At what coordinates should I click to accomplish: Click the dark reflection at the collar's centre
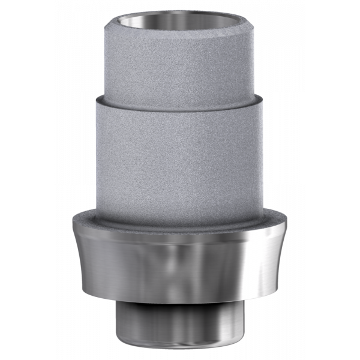point(180,264)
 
